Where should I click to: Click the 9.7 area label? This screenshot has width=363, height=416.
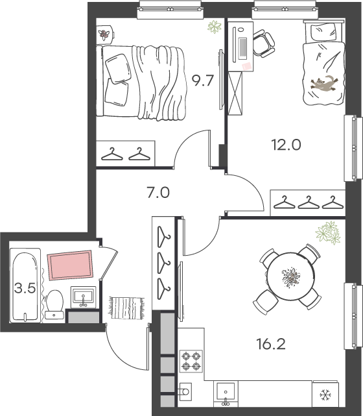click(203, 80)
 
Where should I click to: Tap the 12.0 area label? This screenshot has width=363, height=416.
click(286, 145)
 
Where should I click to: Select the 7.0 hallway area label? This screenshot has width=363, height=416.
click(158, 192)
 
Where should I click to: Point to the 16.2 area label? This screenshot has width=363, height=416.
click(271, 344)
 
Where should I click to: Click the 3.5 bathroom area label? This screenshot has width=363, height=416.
click(25, 288)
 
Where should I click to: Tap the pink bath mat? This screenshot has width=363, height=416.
click(70, 265)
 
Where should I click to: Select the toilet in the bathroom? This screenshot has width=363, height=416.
click(54, 304)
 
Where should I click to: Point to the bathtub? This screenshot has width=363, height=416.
click(25, 286)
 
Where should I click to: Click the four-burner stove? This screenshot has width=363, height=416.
click(191, 361)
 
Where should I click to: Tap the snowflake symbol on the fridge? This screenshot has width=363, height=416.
click(325, 395)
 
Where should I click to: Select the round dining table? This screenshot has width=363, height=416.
click(290, 276)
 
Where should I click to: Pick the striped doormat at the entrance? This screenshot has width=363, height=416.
click(126, 308)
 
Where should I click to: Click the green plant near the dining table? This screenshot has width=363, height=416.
click(328, 233)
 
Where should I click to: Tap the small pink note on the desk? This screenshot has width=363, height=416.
click(247, 66)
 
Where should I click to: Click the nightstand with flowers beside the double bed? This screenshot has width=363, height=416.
click(105, 34)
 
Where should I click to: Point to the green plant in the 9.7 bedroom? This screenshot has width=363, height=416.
click(215, 27)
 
